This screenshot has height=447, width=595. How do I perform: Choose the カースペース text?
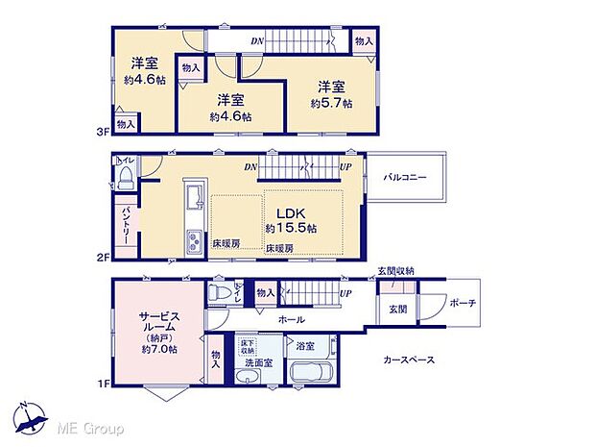pyautogui.click(x=409, y=360)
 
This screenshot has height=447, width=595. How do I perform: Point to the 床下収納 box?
pyautogui.click(x=248, y=346)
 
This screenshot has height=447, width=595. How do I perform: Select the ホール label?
pyautogui.click(x=292, y=319)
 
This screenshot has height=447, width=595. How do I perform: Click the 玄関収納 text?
pyautogui.click(x=395, y=271)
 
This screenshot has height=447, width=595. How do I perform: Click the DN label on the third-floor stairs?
pyautogui.click(x=257, y=40)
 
